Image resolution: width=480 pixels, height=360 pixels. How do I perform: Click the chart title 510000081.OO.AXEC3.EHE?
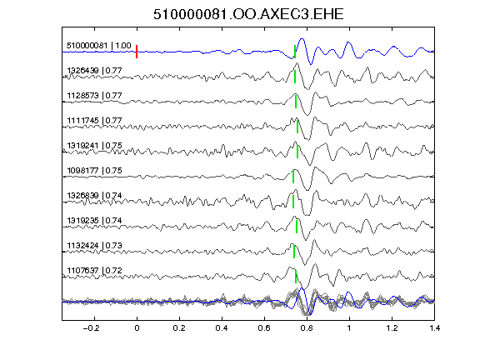[x=248, y=14]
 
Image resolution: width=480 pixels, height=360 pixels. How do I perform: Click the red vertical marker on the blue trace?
[x=137, y=52]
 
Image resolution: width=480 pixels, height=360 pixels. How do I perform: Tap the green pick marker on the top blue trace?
[x=295, y=52]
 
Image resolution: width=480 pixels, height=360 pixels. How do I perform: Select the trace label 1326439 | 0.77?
[x=94, y=71]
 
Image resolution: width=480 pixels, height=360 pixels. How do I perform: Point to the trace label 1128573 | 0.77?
[x=94, y=96]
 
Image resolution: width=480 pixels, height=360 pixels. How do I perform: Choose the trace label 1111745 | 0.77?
[x=94, y=121]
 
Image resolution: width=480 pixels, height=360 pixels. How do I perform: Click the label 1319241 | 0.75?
[x=94, y=146]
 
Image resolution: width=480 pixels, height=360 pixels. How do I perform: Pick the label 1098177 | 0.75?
[x=94, y=171]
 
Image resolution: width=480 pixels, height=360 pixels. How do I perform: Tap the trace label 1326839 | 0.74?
[x=94, y=196]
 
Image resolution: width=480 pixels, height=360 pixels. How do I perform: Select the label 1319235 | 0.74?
[x=94, y=221]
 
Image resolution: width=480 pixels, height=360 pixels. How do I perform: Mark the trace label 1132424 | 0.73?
[x=94, y=246]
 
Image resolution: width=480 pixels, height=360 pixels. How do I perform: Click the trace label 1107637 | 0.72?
[x=94, y=271]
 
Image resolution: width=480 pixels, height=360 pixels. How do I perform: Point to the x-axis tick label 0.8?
[x=307, y=328]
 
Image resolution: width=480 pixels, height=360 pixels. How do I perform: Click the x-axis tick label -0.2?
[x=92, y=328]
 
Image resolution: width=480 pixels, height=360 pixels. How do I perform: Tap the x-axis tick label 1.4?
[x=434, y=328]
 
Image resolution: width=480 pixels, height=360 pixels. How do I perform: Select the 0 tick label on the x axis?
[x=137, y=328]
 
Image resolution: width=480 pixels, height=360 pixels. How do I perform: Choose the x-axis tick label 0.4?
[x=222, y=328]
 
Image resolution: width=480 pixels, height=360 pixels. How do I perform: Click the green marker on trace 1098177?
[x=293, y=177]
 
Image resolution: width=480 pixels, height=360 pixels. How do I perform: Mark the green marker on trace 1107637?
[x=296, y=277]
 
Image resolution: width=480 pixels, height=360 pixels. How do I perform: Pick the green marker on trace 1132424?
[x=294, y=252]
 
